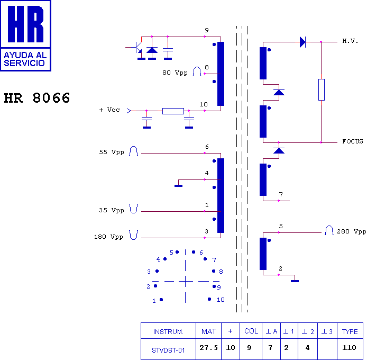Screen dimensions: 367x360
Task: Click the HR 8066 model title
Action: click(x=37, y=98)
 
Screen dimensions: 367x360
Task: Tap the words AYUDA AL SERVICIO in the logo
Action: click(x=25, y=59)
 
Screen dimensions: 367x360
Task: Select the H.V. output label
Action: click(x=350, y=41)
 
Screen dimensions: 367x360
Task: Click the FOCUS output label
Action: click(x=353, y=141)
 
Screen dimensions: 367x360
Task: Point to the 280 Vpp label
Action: click(x=351, y=231)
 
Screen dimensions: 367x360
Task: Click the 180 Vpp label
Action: click(x=108, y=237)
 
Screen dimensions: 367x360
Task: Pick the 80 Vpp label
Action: click(x=175, y=73)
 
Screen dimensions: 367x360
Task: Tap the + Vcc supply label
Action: click(x=109, y=110)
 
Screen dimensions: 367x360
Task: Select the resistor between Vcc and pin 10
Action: click(x=173, y=111)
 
